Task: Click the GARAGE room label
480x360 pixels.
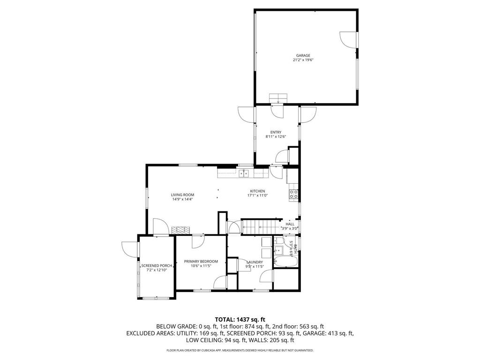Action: click(x=303, y=55)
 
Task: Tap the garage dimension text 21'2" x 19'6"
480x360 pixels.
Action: click(x=303, y=60)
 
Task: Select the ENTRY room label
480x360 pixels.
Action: click(x=276, y=132)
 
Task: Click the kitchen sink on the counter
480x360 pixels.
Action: click(x=244, y=173)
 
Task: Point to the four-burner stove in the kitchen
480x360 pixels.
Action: click(x=294, y=194)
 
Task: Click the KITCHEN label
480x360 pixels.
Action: click(x=257, y=191)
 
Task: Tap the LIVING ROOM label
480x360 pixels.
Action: click(x=182, y=195)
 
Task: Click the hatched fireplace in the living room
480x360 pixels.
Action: click(x=181, y=230)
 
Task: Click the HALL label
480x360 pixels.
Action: click(x=290, y=224)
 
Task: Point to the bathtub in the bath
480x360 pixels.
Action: click(x=284, y=261)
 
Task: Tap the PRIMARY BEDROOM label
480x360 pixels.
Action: click(x=201, y=261)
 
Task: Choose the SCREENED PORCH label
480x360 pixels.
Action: click(x=157, y=265)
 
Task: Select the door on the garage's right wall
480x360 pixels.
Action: click(x=349, y=40)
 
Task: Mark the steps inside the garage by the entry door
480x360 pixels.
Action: click(x=278, y=97)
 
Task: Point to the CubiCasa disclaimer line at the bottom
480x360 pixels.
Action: click(x=240, y=350)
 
